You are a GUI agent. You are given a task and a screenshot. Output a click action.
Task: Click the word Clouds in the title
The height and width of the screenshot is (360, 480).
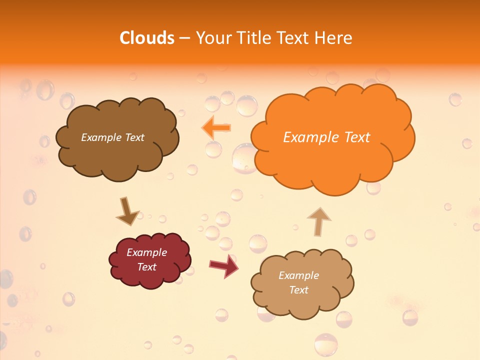click(147, 38)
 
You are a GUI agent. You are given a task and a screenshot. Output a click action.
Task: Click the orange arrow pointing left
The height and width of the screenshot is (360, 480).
click(216, 128)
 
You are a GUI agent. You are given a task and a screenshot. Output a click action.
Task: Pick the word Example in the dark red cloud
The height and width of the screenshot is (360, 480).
click(146, 252)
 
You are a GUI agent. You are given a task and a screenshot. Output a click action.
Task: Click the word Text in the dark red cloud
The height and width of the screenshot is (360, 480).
click(146, 267)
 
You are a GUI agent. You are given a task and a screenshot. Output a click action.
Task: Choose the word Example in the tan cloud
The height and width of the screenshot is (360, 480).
click(298, 275)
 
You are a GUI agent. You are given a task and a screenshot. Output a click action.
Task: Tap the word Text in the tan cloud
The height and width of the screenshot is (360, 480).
click(298, 290)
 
